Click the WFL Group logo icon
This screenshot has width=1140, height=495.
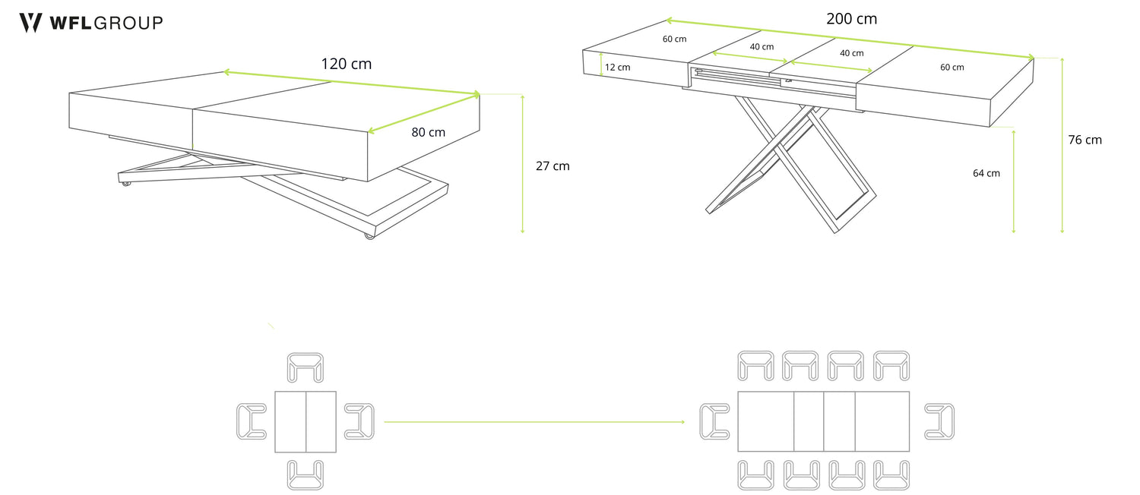click(30, 23)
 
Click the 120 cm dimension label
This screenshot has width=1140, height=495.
click(346, 64)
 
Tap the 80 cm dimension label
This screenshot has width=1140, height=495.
click(428, 132)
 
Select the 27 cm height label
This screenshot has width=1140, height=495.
click(553, 166)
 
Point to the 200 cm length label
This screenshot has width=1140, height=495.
click(851, 19)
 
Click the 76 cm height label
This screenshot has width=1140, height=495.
click(1085, 140)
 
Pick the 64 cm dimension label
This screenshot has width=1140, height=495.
click(986, 173)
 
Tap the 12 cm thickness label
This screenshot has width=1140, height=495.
click(617, 67)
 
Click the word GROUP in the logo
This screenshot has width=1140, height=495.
click(128, 23)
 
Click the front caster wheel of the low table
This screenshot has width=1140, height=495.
click(369, 235)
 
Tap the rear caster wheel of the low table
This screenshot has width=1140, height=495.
click(125, 183)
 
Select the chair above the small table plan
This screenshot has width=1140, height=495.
click(306, 367)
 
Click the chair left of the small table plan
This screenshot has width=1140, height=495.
click(252, 421)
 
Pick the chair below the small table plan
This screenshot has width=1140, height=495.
click(306, 475)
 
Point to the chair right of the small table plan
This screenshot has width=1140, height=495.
click(359, 421)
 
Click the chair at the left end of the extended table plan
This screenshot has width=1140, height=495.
click(714, 421)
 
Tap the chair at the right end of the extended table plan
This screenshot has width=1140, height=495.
click(939, 421)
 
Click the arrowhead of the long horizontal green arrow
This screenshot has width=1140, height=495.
click(682, 422)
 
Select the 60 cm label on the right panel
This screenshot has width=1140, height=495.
click(952, 67)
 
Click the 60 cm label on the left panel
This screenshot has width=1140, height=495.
click(674, 39)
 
